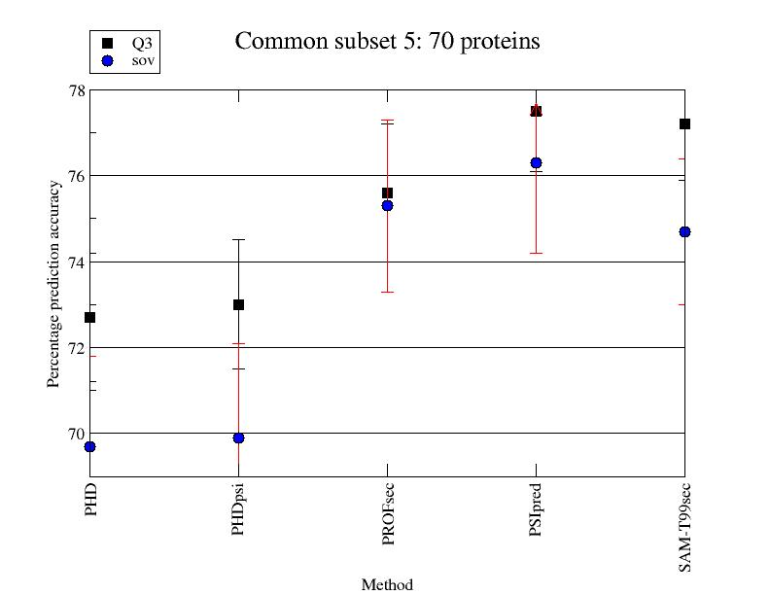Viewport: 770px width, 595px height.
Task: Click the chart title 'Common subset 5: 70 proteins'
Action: pos(387,42)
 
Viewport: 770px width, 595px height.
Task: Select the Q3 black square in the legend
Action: pos(107,43)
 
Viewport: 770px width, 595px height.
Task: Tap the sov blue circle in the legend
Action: pos(107,60)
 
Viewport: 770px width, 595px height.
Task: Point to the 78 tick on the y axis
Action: pos(74,91)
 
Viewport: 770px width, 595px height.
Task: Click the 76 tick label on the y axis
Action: pos(74,177)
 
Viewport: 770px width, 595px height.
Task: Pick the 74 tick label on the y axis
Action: pos(74,262)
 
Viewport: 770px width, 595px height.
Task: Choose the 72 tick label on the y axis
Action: pos(74,348)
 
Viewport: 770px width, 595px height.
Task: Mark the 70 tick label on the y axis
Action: pos(74,434)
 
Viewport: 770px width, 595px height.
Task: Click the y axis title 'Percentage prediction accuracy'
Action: pos(54,284)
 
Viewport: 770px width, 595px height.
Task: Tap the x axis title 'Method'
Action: pos(387,584)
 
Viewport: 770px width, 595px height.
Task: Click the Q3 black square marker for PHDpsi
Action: pos(238,304)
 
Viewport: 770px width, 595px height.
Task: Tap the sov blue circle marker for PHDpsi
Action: pos(238,437)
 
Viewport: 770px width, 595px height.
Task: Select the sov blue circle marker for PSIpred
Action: pos(536,162)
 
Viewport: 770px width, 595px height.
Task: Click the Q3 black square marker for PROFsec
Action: pos(387,192)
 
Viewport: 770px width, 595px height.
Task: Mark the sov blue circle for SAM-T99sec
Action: pos(684,231)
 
